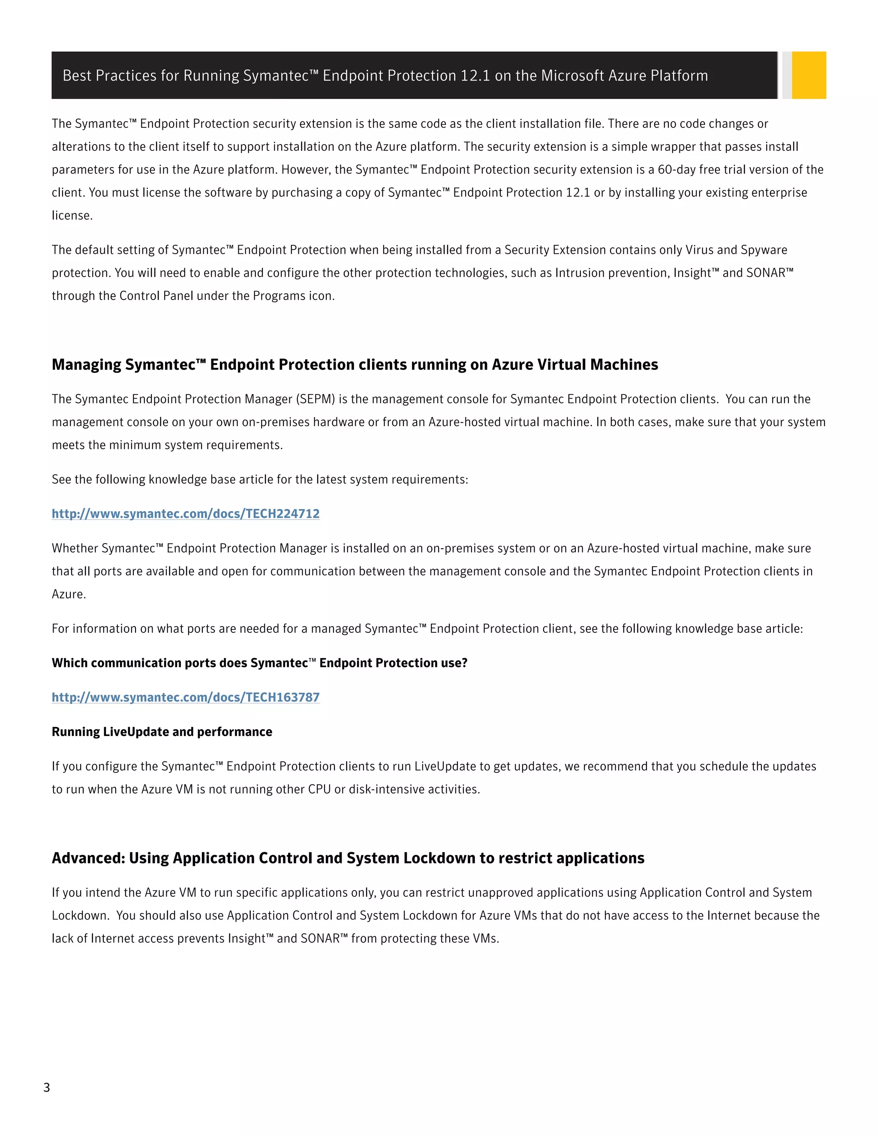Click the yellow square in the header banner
point(809,75)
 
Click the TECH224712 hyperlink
point(186,514)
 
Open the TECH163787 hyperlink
point(186,697)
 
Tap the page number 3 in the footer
point(46,1087)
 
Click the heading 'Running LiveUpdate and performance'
point(162,732)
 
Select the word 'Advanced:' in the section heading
point(88,858)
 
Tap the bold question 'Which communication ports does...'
point(259,663)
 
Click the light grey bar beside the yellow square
point(787,75)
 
